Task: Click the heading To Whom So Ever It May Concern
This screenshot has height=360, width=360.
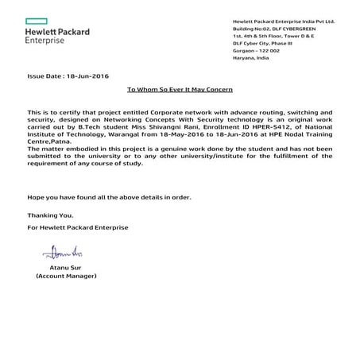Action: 180,90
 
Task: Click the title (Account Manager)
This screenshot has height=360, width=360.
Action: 66,277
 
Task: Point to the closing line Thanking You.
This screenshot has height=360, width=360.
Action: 51,215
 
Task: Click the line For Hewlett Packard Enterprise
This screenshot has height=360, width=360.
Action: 77,227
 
